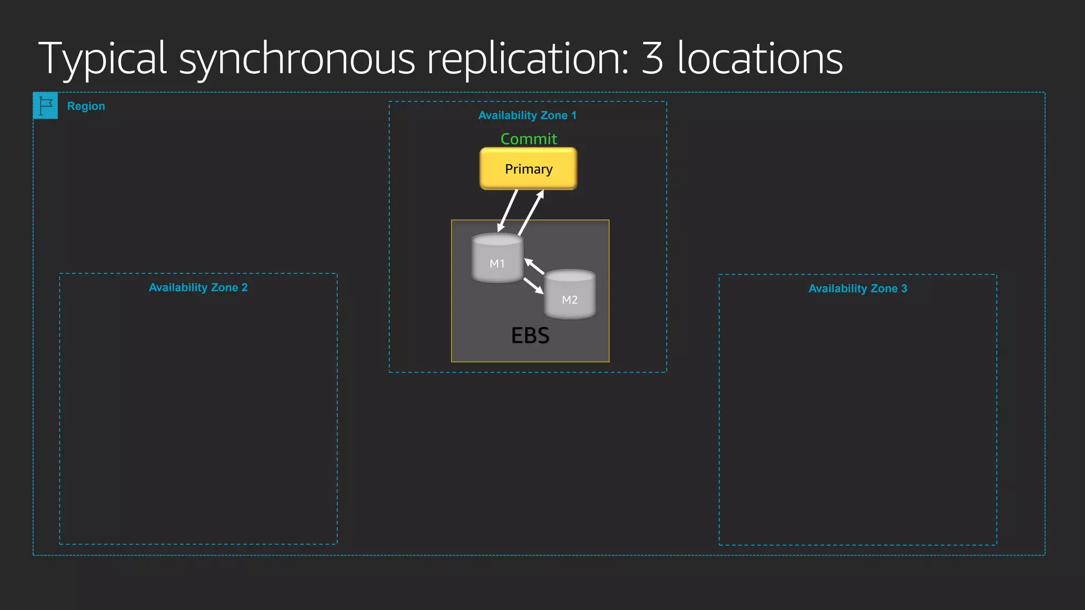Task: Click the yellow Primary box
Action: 528,168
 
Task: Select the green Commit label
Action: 528,139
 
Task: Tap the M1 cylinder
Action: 497,259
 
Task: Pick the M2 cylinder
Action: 570,295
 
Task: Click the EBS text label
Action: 530,336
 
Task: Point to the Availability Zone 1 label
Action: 527,115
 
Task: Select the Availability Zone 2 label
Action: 198,288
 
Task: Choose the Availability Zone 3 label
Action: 857,289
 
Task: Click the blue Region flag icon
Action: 46,105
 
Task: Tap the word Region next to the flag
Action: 86,106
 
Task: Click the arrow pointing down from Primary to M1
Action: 507,211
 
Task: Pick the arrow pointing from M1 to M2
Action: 533,286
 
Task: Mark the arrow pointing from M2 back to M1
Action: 534,266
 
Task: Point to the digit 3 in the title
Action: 652,58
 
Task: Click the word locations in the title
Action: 760,58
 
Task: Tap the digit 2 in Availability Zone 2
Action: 244,288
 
